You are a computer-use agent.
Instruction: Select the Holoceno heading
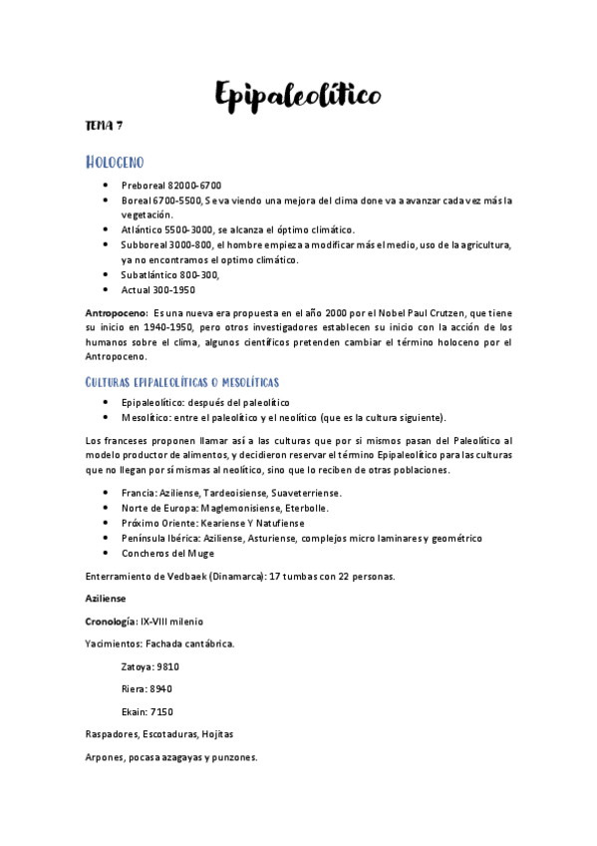pos(116,162)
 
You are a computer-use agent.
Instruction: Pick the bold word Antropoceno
pos(116,313)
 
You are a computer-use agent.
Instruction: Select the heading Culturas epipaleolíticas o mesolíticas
pos(182,382)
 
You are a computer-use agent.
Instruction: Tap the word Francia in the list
pos(138,493)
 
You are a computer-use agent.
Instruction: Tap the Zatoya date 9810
pos(166,665)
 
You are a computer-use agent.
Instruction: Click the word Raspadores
pos(114,734)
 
